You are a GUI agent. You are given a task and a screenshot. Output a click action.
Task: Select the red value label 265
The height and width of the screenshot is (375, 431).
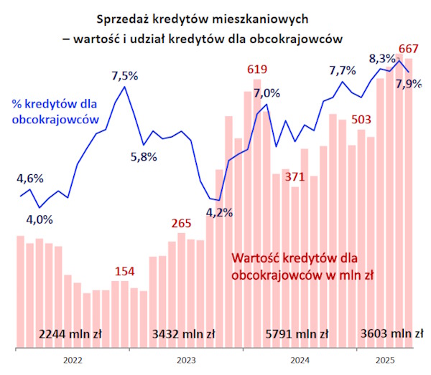pyautogui.click(x=181, y=223)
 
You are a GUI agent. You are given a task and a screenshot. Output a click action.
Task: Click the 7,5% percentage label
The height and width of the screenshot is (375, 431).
pyautogui.click(x=125, y=75)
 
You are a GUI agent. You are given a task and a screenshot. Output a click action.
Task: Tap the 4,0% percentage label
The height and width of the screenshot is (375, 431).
pyautogui.click(x=39, y=219)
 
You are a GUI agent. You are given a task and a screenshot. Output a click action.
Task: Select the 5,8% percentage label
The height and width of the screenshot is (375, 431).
pyautogui.click(x=144, y=157)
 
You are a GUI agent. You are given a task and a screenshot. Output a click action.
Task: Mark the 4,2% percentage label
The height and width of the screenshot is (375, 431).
pyautogui.click(x=220, y=212)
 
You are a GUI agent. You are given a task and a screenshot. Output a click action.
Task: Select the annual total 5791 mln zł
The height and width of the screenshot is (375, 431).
pyautogui.click(x=297, y=333)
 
